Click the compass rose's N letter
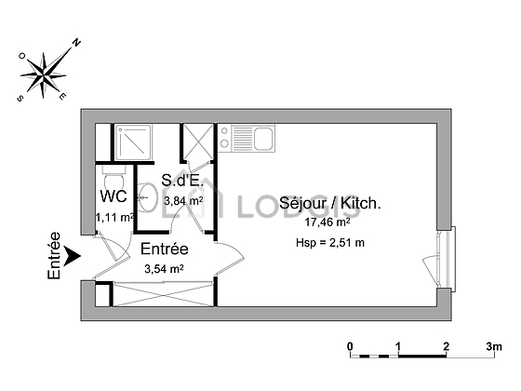coord(76,42)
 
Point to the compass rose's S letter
coord(20,98)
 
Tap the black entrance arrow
coord(72,256)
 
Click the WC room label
coord(114,196)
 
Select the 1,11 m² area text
coord(115,218)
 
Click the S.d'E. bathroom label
coord(181,181)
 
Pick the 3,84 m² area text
coord(184,200)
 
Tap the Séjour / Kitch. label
coord(329,203)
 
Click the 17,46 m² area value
coord(327,222)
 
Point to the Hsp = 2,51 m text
coord(330,243)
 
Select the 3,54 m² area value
coord(164,269)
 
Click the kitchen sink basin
coord(264,139)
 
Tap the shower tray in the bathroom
coord(132,142)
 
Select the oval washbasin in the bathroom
coord(147,197)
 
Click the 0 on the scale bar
coord(350,346)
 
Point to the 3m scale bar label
coord(494,346)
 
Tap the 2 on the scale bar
coord(447,346)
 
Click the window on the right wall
coord(448,259)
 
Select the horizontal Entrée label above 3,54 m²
coord(165,249)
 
